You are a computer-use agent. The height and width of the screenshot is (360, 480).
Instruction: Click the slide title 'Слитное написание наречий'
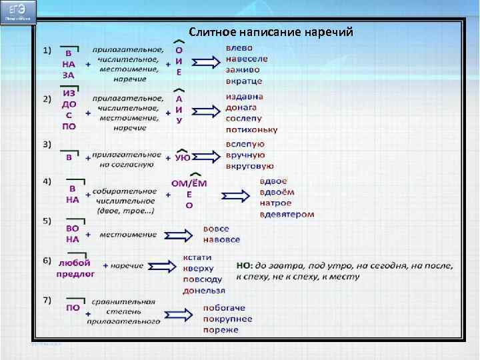tap(270, 31)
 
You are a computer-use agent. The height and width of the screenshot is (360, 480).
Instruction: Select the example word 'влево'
tap(239, 48)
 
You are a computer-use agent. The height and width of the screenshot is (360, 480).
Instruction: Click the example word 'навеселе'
tap(247, 59)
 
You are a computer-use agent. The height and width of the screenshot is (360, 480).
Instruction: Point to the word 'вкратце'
tap(244, 81)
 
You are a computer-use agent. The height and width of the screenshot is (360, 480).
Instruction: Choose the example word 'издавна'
tap(245, 97)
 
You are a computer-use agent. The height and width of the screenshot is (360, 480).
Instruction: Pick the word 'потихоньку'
tap(251, 129)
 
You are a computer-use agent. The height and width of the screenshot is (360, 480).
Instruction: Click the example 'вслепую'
tap(245, 144)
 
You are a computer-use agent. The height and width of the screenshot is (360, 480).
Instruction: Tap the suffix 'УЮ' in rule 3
tap(183, 158)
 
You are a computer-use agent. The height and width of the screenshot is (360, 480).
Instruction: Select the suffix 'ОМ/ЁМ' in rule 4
tap(189, 183)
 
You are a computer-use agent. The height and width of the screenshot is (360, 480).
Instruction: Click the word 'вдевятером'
tap(287, 214)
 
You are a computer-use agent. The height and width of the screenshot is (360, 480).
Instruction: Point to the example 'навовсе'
tap(223, 239)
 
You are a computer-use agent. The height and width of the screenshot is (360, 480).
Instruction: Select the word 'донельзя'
tap(204, 290)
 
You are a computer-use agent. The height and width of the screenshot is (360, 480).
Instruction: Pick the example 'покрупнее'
tap(228, 319)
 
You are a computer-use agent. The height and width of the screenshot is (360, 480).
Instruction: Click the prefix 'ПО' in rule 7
tap(73, 308)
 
